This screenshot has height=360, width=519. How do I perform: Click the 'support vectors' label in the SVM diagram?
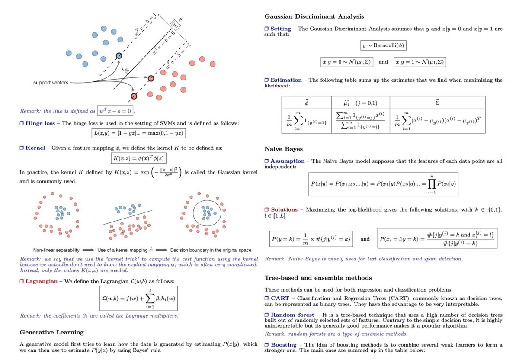coord(51,82)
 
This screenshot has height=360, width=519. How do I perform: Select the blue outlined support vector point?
coord(119,55)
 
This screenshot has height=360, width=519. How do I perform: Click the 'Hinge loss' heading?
coord(40,123)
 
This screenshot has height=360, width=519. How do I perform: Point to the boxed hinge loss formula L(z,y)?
coord(139,133)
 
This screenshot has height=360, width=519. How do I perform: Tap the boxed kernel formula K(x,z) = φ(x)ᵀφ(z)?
coord(139,158)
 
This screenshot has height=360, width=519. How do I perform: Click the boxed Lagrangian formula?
coord(139,298)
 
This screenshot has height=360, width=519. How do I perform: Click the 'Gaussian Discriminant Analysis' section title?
coord(314,16)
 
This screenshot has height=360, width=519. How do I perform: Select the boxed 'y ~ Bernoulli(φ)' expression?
coord(383,45)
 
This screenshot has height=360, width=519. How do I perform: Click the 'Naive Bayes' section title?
coord(284,149)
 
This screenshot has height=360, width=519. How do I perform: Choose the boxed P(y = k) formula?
coord(310,238)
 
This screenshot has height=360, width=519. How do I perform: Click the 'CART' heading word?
coord(280,299)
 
